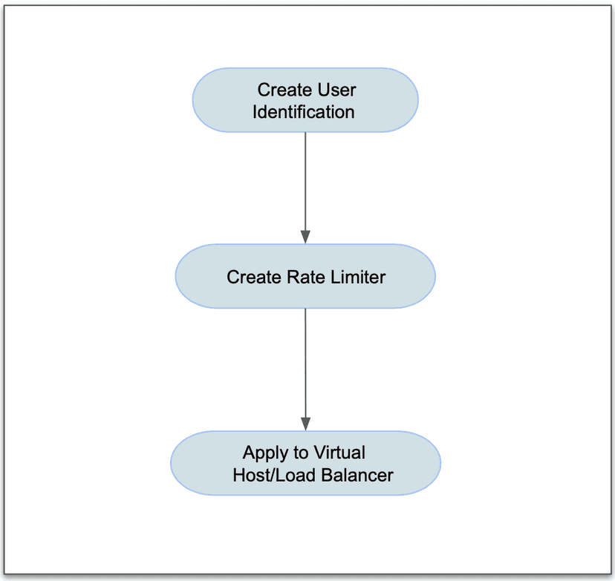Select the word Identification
pos(304,112)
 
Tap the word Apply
pos(264,453)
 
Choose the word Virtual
pos(339,453)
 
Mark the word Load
pos(296,476)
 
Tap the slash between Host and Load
pos(274,476)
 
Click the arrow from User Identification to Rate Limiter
pos(305,186)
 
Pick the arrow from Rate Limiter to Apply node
pos(305,364)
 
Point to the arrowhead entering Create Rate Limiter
pos(305,237)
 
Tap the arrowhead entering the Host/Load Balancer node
pos(305,423)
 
